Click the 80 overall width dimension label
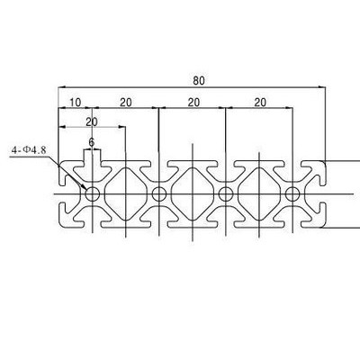pyautogui.click(x=199, y=81)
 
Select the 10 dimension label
pyautogui.click(x=76, y=103)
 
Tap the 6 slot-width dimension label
pyautogui.click(x=92, y=141)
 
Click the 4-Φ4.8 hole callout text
pyautogui.click(x=29, y=149)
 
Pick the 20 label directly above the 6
pyautogui.click(x=92, y=121)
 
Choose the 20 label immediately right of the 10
pyautogui.click(x=126, y=103)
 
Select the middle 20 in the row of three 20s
pyautogui.click(x=193, y=103)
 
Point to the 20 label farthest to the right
pyautogui.click(x=260, y=103)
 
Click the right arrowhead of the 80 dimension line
pyautogui.click(x=322, y=87)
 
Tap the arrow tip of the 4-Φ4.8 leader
pyautogui.click(x=85, y=189)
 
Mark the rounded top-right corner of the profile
pyautogui.click(x=323, y=164)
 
